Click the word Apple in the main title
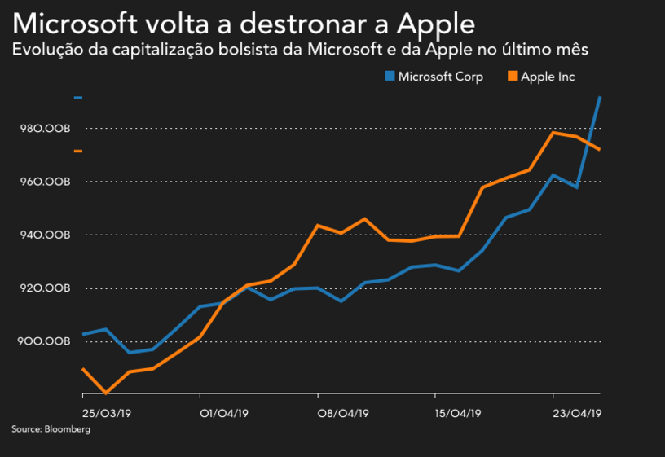point(431,22)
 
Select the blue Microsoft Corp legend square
point(390,77)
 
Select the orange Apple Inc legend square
point(513,77)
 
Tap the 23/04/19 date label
point(577,413)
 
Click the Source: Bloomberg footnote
point(51,429)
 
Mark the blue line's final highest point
point(601,98)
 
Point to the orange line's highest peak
point(553,132)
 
